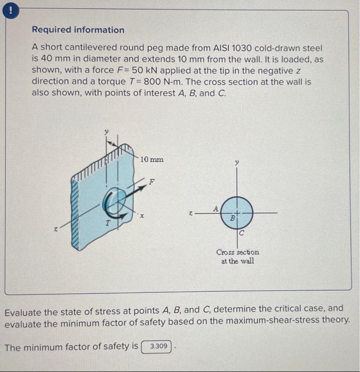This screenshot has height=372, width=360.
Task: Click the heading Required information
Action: tap(78, 30)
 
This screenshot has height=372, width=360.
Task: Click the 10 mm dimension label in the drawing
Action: tap(152, 159)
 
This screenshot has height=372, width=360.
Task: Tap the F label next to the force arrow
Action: tap(152, 181)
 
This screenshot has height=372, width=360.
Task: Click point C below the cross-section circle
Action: tap(241, 233)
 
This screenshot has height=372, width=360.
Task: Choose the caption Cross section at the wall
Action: tap(237, 256)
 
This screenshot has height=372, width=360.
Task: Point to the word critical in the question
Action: tap(286, 308)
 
